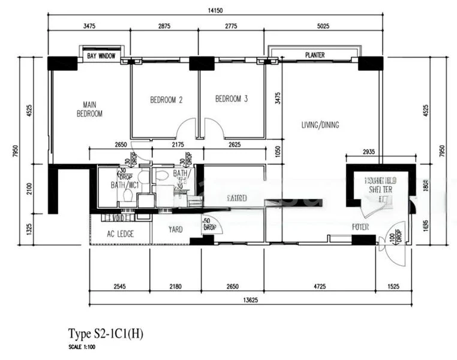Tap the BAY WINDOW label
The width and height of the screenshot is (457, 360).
[101, 56]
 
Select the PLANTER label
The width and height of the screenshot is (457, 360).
[314, 55]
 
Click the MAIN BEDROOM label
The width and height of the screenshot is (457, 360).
[89, 109]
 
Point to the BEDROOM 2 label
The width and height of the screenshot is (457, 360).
[166, 100]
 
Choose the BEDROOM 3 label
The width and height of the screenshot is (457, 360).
[231, 99]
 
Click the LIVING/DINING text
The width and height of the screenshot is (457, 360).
[320, 125]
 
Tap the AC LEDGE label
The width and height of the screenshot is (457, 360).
[121, 234]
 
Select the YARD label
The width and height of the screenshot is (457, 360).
[176, 229]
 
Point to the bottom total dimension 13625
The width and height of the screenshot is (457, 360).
[251, 300]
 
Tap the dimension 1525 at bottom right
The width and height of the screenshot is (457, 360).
[394, 286]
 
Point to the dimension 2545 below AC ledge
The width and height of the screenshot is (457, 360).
[119, 286]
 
